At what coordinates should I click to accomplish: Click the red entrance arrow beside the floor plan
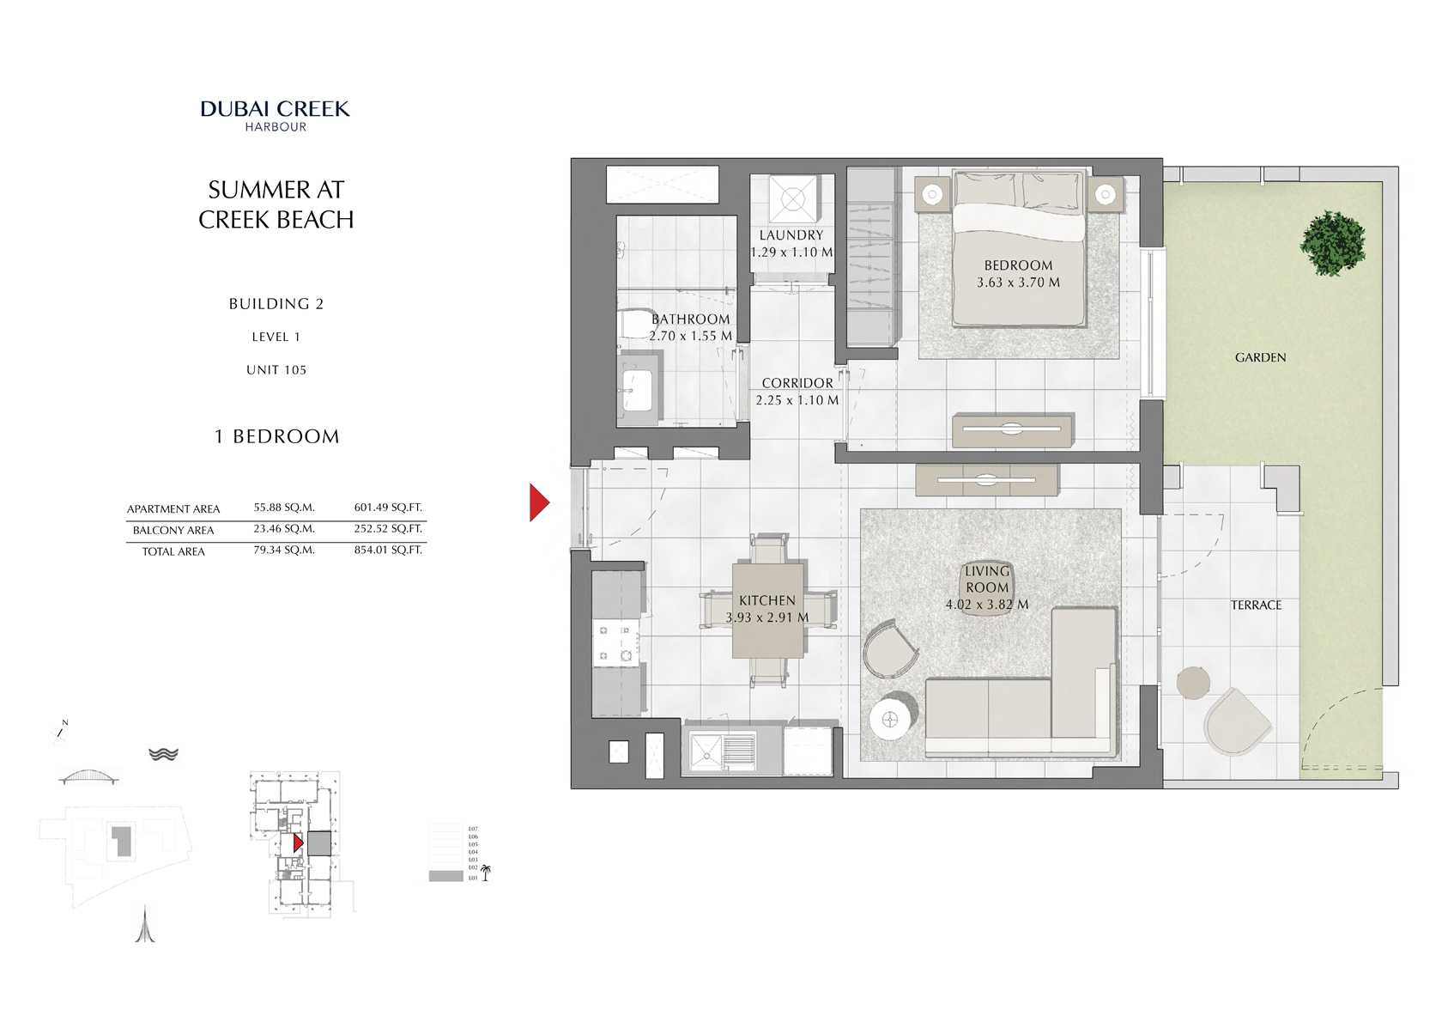coord(538,503)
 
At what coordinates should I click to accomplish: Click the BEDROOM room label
coord(1018,265)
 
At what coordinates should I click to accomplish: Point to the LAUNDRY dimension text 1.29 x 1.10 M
coord(791,252)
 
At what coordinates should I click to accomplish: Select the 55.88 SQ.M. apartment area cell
coord(284,508)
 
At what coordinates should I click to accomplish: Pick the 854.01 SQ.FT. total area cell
coord(388,550)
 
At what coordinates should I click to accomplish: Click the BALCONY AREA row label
coord(173,530)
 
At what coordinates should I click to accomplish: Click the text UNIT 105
coord(276,370)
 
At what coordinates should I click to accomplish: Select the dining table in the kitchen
coord(768,610)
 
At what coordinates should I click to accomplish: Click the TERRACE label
coord(1256,605)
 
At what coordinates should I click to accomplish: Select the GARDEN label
coord(1260,357)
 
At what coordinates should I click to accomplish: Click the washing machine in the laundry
coord(792,200)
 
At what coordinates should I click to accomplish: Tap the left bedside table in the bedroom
coord(932,195)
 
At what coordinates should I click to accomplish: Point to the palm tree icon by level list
coord(486,873)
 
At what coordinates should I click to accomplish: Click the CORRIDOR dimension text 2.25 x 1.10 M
coord(797,400)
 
